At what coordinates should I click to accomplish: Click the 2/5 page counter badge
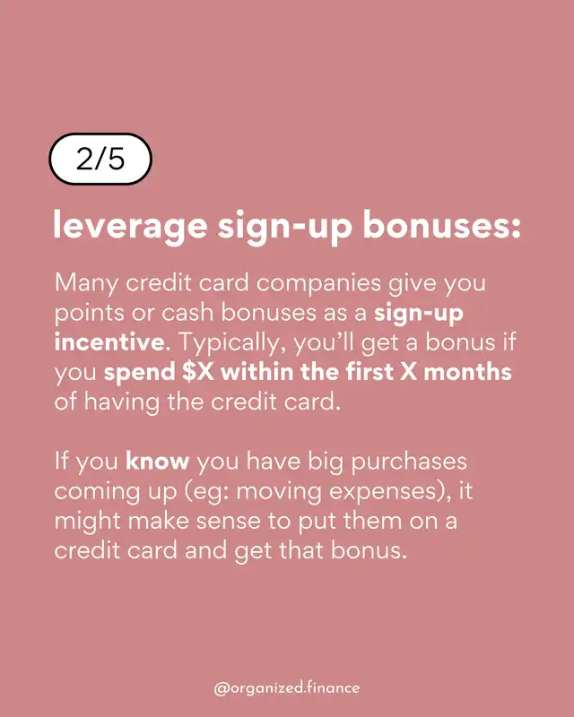(x=100, y=160)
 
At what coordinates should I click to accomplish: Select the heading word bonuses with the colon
(x=443, y=224)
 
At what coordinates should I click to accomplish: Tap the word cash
(x=187, y=313)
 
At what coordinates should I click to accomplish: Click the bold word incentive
(x=109, y=343)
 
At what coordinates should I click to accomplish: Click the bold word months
(x=467, y=372)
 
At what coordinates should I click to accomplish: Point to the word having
(x=121, y=402)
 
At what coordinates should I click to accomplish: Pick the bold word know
(x=158, y=461)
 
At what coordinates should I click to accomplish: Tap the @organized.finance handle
(x=286, y=687)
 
